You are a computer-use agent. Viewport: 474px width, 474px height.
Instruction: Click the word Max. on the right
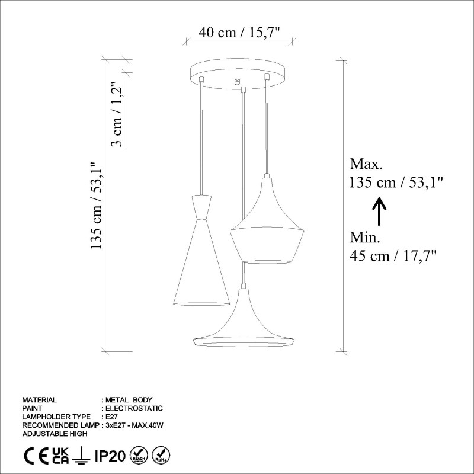click(367, 164)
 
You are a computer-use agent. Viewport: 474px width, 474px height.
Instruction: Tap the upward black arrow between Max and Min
click(379, 211)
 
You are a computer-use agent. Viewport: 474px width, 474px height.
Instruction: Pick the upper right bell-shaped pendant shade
click(267, 228)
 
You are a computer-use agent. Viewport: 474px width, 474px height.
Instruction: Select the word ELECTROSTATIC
click(134, 408)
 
